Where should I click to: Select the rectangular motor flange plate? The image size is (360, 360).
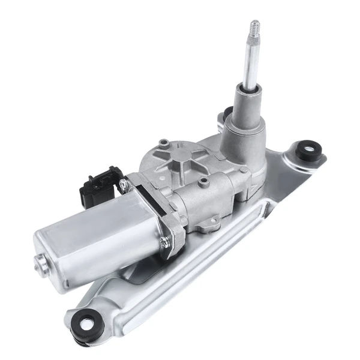coord(153,216)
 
